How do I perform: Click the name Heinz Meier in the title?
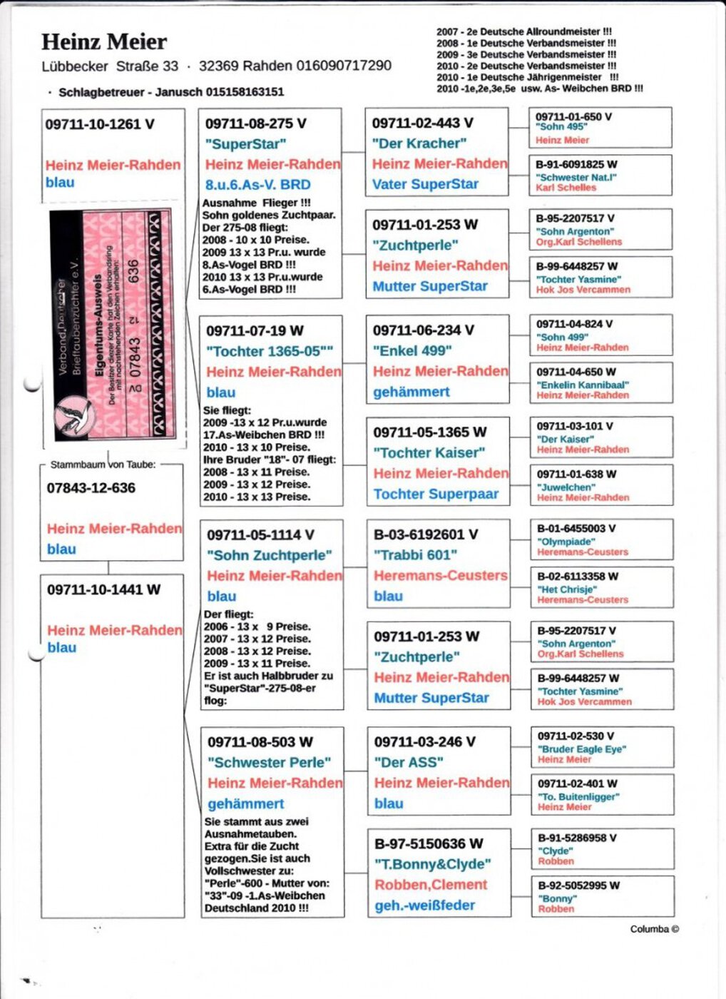tap(104, 42)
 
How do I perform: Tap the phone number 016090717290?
tap(344, 66)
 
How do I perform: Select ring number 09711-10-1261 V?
tap(100, 124)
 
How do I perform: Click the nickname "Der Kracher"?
tap(419, 143)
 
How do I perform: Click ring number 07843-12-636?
tap(91, 488)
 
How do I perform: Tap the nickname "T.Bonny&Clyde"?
tap(432, 864)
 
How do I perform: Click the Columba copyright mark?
tap(654, 929)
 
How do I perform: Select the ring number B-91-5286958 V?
tap(577, 838)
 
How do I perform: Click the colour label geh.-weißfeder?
tap(425, 906)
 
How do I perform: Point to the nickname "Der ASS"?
tap(409, 762)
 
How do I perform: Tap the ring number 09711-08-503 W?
tap(260, 742)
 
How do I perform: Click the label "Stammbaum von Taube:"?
tap(103, 465)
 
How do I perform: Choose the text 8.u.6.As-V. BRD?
tap(257, 184)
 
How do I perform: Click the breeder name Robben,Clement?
tap(431, 885)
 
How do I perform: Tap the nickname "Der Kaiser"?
tap(565, 439)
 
